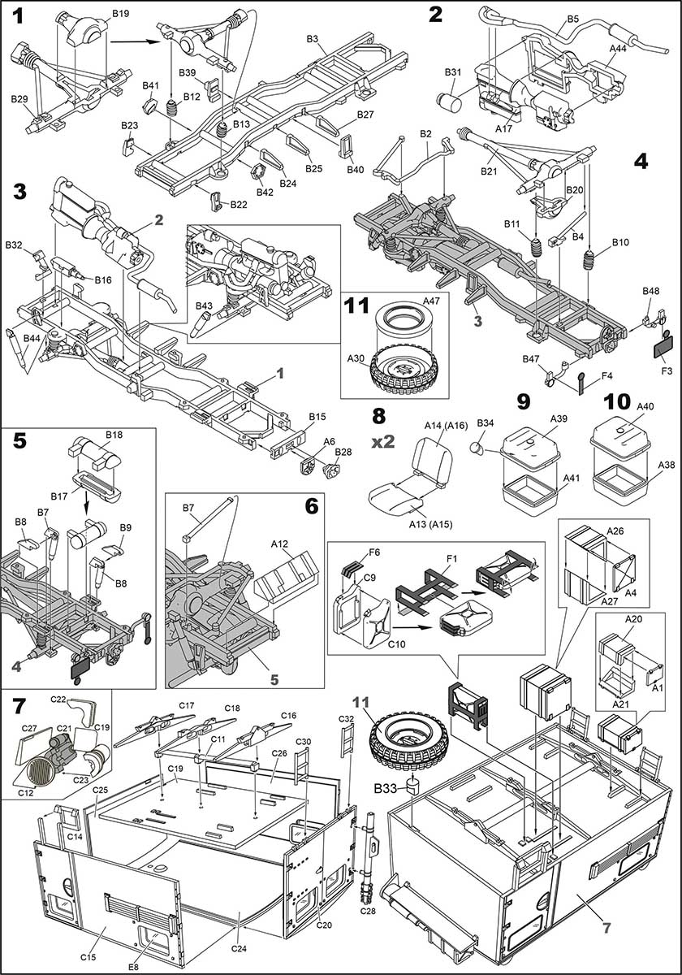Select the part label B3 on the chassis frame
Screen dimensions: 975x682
coord(312,38)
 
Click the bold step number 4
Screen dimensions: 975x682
coord(641,160)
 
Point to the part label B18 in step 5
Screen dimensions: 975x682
coord(114,435)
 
